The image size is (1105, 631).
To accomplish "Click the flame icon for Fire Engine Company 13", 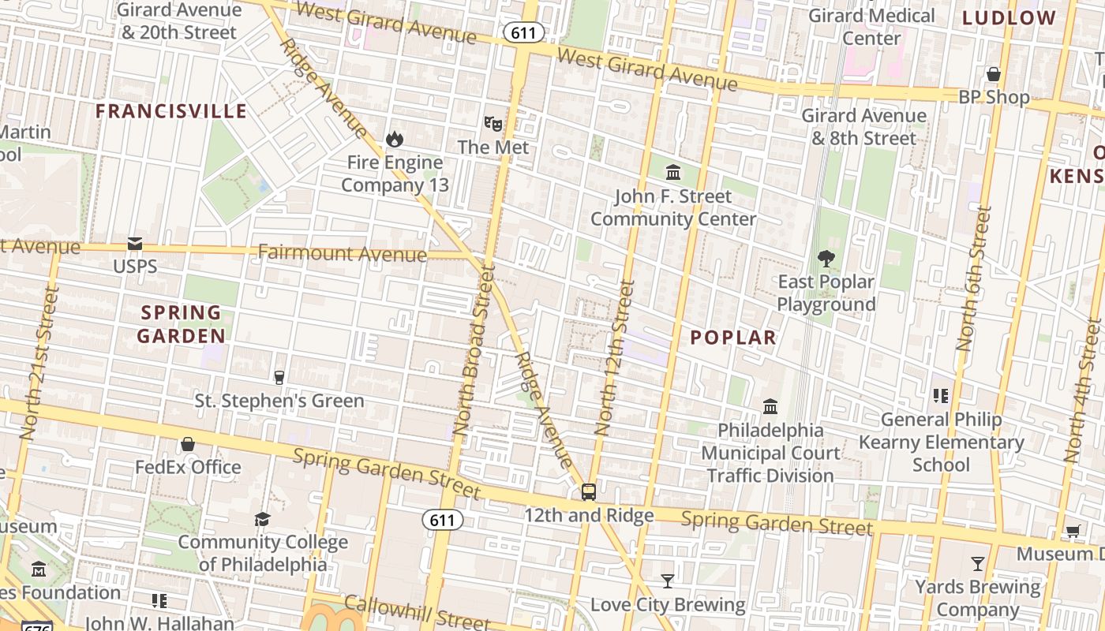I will point(394,140).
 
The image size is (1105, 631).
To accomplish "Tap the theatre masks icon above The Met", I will point(493,123).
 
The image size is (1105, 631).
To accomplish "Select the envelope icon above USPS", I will point(135,244).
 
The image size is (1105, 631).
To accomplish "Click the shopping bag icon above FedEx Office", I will point(188,444).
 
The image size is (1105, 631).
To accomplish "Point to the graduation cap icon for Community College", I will point(262,519).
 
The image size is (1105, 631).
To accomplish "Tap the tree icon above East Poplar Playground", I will point(826,258).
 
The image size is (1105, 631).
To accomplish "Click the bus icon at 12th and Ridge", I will point(589,492).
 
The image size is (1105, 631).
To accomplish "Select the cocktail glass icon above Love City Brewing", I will point(668,581).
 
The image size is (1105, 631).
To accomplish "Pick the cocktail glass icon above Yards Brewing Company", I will point(978,563).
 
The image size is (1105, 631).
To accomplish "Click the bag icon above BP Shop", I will point(994,74).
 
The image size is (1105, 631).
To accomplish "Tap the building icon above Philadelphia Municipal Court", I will point(770,406).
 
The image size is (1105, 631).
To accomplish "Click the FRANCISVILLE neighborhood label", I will point(171,111).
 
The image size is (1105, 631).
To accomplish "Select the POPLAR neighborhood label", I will point(733,338).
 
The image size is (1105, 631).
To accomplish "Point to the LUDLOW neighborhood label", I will point(1009,18).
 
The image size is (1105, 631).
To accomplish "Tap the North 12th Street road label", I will point(614,357).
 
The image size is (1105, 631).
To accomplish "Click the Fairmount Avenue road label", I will point(342,254).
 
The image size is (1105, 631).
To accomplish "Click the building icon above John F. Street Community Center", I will point(673,173).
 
